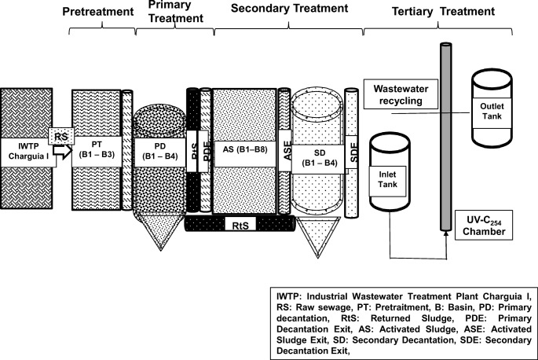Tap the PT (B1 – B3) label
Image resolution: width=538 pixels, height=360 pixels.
pyautogui.click(x=96, y=149)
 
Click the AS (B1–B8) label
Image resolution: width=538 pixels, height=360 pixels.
pyautogui.click(x=243, y=150)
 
